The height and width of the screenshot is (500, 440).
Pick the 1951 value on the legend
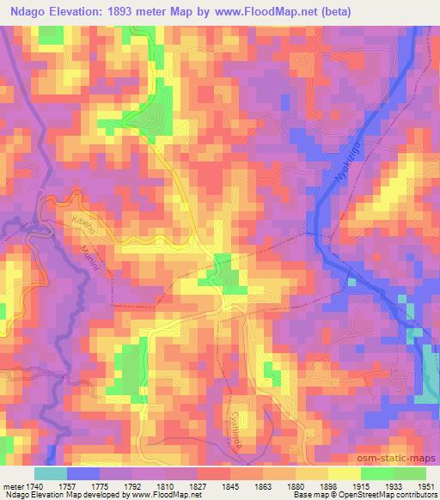[425, 485]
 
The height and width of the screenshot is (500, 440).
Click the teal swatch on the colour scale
[50, 473]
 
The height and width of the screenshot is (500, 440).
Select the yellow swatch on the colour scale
[344, 473]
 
